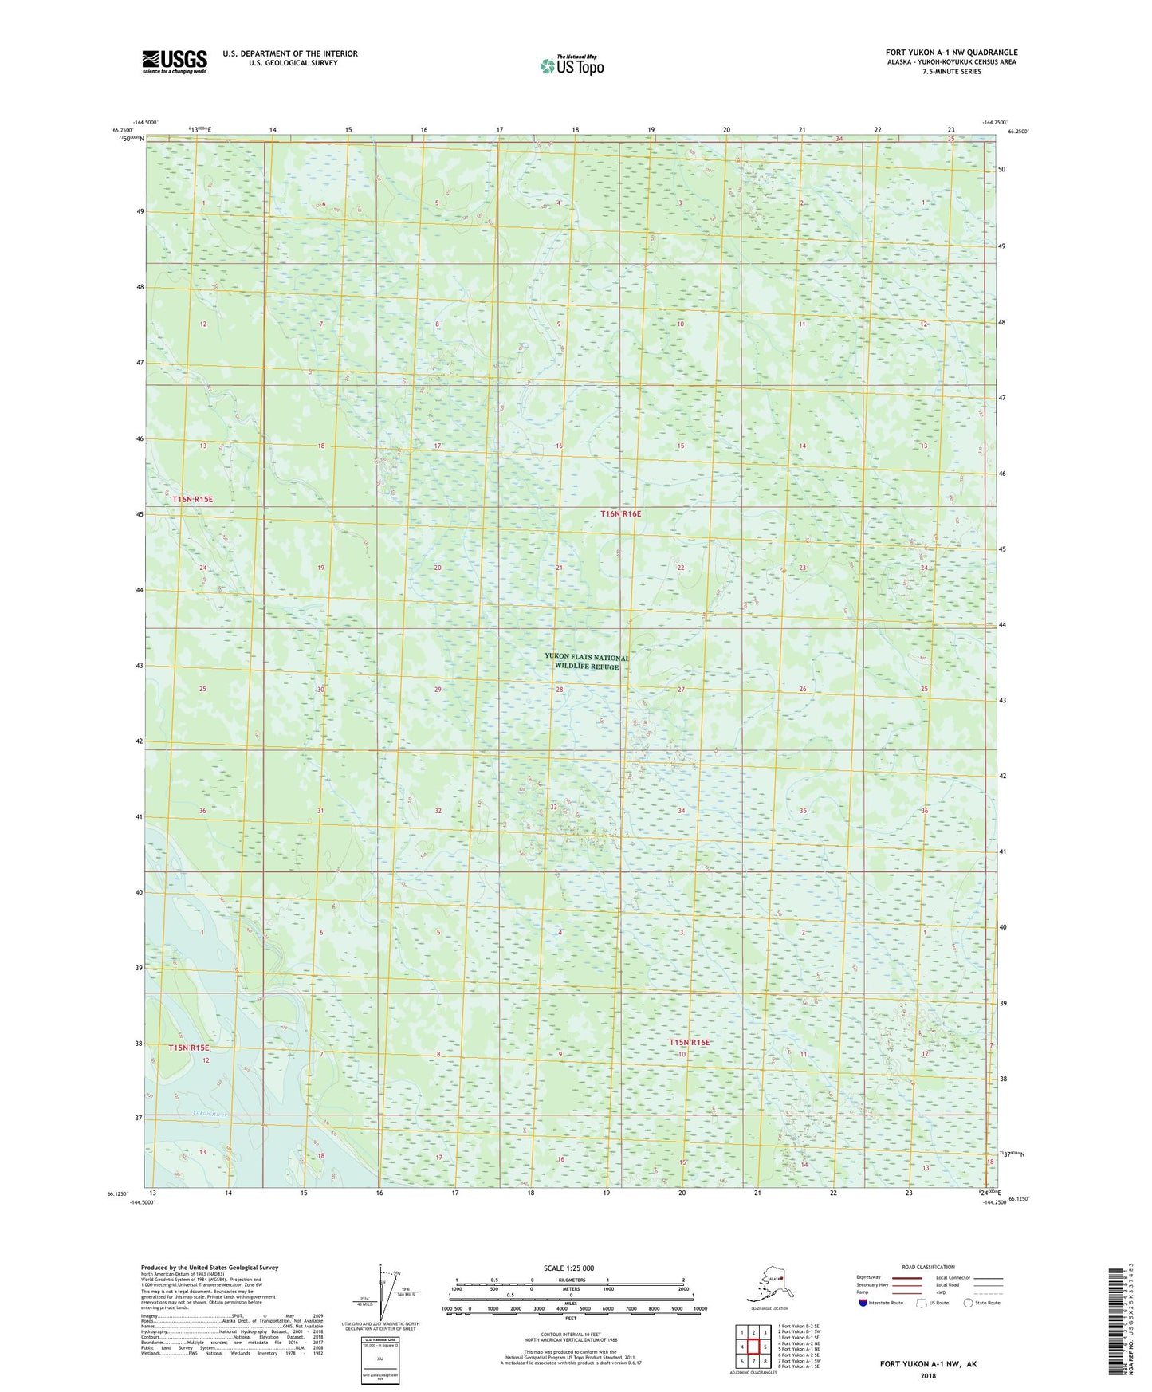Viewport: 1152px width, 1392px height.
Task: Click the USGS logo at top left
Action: point(174,61)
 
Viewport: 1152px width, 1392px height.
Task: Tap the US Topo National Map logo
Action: point(571,65)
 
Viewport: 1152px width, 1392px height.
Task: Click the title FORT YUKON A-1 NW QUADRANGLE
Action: point(951,53)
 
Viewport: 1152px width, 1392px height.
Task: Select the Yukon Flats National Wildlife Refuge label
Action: point(587,662)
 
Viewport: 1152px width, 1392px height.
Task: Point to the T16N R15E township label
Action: point(193,499)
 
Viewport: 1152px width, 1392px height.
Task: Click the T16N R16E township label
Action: point(620,514)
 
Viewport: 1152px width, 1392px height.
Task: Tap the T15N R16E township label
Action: point(689,1042)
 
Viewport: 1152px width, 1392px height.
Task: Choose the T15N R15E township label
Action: point(189,1048)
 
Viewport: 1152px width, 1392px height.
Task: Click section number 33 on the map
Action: point(553,808)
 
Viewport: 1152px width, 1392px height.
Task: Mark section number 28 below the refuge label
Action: point(560,690)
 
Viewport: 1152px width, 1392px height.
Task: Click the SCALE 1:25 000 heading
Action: point(568,1268)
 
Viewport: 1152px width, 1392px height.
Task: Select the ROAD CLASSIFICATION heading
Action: point(928,1267)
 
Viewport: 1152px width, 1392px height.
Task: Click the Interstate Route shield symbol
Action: point(863,1303)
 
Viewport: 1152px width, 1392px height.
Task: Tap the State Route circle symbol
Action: point(969,1303)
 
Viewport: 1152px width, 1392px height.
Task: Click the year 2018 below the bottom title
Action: point(928,1375)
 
